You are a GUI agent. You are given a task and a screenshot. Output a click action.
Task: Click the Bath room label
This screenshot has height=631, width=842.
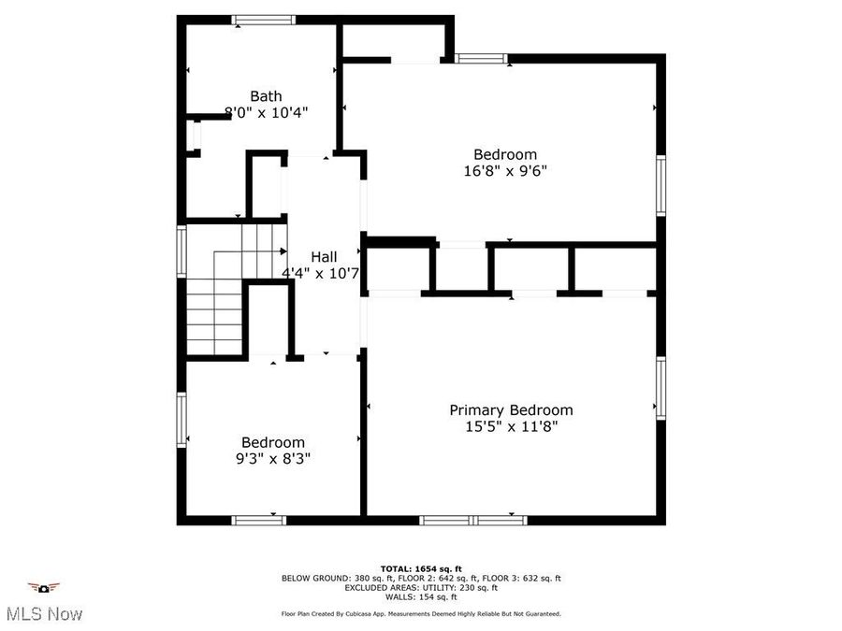266,95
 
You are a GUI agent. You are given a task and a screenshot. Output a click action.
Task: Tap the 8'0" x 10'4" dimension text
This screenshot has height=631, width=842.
267,112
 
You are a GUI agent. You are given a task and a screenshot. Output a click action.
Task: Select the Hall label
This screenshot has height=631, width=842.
324,257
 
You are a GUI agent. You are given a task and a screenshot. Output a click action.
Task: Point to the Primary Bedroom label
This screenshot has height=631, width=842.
511,410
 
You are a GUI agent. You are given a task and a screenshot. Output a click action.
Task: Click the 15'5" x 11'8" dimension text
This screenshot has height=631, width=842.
511,427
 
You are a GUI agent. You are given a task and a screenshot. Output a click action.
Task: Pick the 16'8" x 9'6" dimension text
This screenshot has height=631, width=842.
505,171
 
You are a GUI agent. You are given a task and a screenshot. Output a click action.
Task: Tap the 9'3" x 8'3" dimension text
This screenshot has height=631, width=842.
273,459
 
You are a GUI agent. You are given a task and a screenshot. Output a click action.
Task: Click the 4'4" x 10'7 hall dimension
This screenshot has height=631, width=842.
321,274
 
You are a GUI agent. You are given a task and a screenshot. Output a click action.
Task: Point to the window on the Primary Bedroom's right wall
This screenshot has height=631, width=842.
661,388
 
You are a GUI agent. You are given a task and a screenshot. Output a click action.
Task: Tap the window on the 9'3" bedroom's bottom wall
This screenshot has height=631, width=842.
258,520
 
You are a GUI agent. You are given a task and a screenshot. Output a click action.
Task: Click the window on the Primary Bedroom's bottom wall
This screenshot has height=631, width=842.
473,520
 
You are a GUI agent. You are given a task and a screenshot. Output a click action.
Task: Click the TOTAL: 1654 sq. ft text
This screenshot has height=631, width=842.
421,568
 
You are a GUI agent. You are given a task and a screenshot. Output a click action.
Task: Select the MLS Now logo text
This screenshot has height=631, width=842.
44,614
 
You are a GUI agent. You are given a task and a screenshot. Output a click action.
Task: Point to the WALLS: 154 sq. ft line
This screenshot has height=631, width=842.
421,596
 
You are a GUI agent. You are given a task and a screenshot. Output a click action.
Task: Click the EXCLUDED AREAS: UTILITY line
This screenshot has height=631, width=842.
421,587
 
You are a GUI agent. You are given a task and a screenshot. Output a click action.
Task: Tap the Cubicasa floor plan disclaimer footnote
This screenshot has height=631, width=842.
421,614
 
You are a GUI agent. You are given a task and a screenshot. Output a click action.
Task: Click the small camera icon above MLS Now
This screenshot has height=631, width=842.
43,588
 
